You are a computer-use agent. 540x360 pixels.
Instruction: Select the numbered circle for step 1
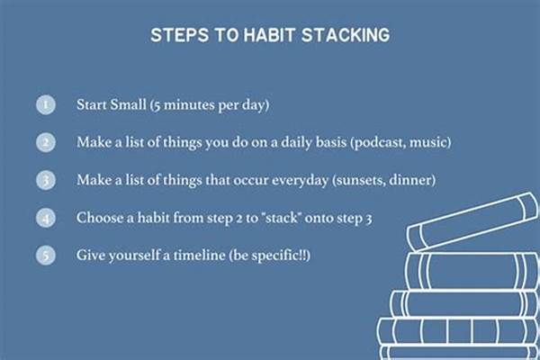46,103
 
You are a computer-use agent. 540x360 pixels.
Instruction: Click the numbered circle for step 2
46,141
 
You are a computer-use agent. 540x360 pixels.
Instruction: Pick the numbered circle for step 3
46,179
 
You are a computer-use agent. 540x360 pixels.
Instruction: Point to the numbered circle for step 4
46,217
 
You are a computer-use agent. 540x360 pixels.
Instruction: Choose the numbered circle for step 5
46,255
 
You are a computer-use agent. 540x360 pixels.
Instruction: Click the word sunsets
358,179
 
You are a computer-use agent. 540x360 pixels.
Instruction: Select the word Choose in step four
101,217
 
